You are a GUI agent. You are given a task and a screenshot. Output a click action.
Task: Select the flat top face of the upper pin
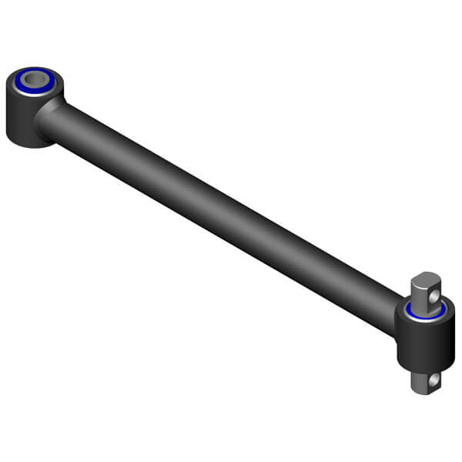click(x=427, y=276)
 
